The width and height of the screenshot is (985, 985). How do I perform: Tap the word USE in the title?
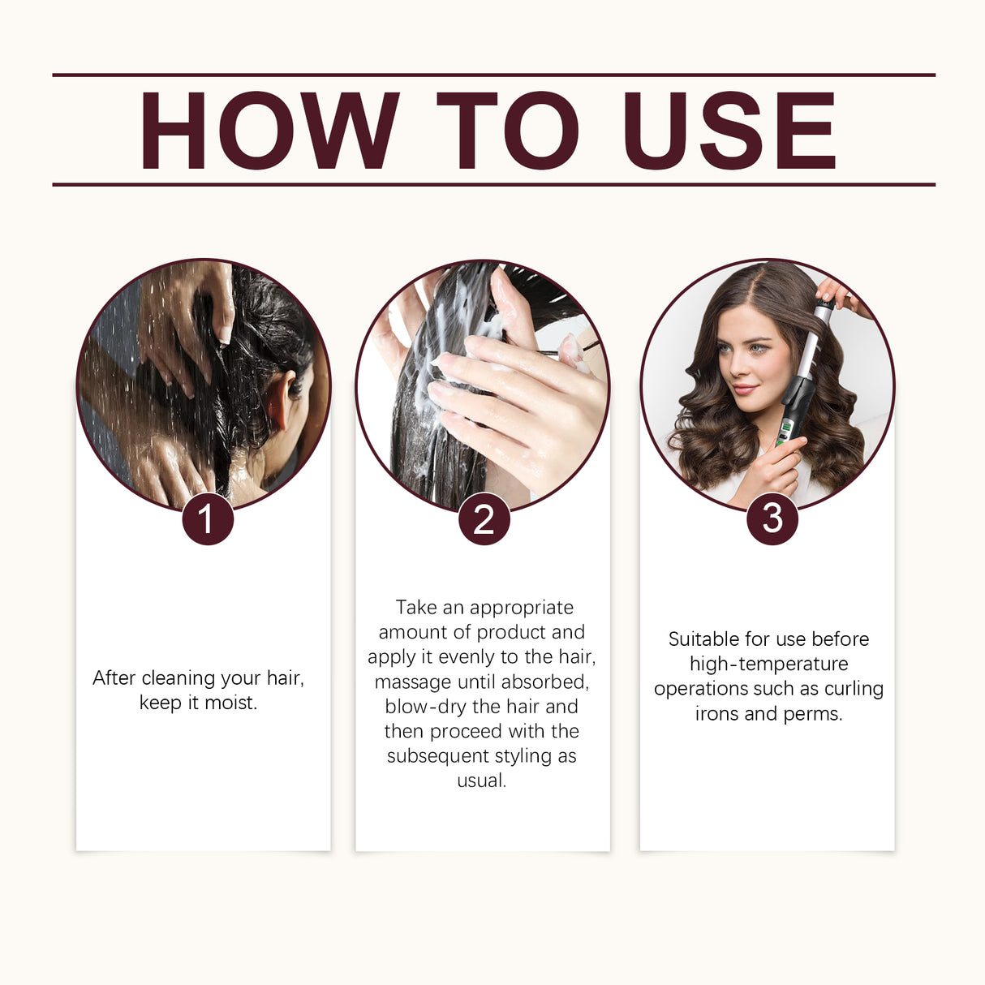tap(729, 131)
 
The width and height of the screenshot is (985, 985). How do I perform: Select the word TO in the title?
tap(508, 131)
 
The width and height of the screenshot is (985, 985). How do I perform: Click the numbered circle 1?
tap(207, 519)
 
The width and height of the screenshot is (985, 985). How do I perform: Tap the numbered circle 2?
tap(484, 519)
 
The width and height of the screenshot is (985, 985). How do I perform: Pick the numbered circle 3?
tap(772, 519)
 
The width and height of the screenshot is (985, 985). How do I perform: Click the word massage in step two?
tap(412, 682)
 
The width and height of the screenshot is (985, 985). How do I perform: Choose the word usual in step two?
tap(481, 781)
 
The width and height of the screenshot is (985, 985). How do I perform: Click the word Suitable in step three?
tap(703, 639)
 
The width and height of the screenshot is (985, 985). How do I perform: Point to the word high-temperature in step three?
tap(768, 664)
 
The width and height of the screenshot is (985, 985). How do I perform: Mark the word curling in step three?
tap(854, 689)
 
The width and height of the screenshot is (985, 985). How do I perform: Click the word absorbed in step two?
tap(544, 682)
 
